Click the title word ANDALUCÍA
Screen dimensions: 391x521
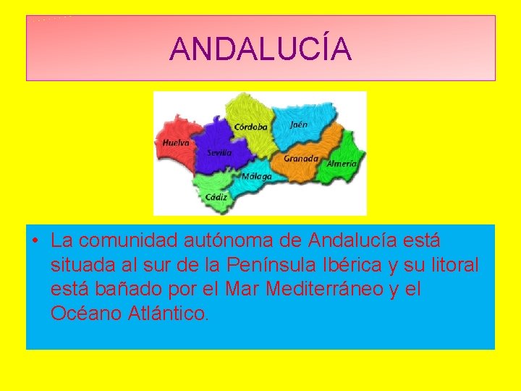point(260,49)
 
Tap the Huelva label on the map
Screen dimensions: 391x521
point(176,143)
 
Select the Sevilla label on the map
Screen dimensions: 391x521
point(219,153)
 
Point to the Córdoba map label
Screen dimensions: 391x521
point(251,127)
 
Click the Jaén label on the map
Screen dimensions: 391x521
point(298,125)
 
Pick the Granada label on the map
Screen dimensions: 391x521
point(301,159)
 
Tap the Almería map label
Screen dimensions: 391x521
point(342,164)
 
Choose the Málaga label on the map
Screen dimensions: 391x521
point(257,176)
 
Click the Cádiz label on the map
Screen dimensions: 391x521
point(216,196)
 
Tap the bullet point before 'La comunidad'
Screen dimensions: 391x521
point(35,240)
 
